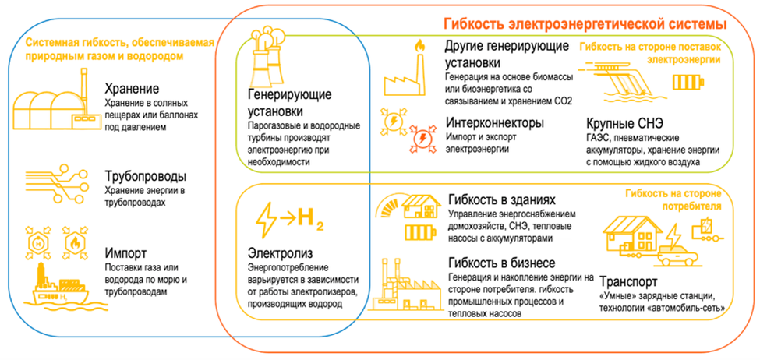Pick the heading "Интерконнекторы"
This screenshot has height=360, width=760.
495,122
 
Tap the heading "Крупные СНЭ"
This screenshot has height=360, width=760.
622,123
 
